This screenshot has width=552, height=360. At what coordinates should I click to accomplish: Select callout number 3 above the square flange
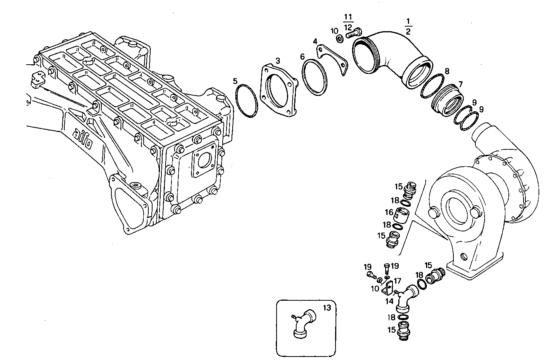(x=277, y=61)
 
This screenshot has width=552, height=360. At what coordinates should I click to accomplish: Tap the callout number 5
(x=235, y=81)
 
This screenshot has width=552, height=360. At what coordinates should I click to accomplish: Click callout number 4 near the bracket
(x=315, y=41)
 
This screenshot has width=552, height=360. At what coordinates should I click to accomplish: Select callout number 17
(x=397, y=281)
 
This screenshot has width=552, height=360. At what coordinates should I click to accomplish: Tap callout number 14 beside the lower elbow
(x=389, y=301)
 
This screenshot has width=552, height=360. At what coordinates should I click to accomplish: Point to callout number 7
(x=460, y=84)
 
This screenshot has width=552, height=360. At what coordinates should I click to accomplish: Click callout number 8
(x=447, y=71)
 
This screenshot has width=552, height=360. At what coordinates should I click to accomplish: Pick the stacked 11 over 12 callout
(x=348, y=22)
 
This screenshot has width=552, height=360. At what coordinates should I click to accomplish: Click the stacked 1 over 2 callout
(x=408, y=25)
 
